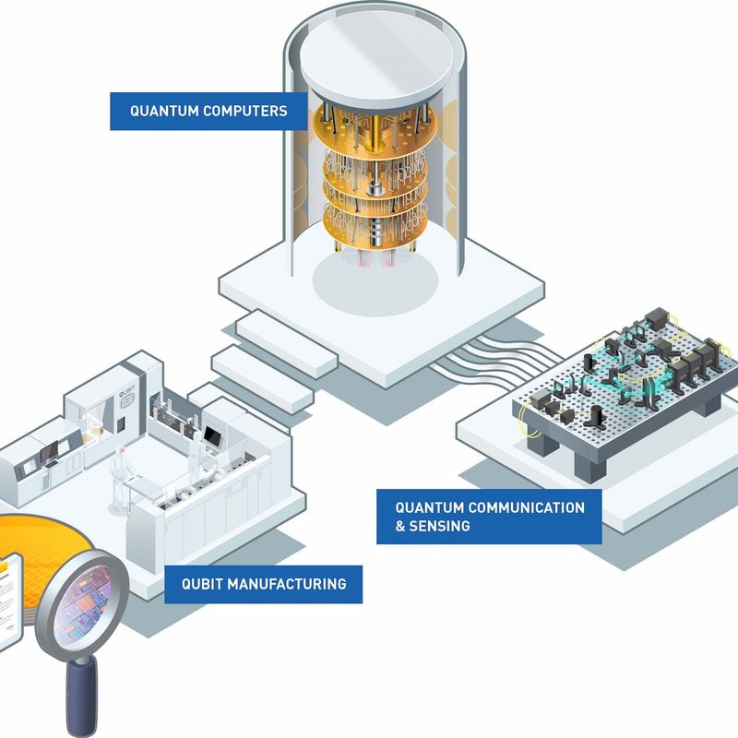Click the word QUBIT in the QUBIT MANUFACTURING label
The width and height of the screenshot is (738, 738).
pyautogui.click(x=200, y=584)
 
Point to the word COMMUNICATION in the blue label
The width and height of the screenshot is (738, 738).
pyautogui.click(x=528, y=507)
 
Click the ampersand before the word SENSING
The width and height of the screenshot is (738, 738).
pyautogui.click(x=401, y=526)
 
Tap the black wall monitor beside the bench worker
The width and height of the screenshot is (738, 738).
pyautogui.click(x=213, y=434)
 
